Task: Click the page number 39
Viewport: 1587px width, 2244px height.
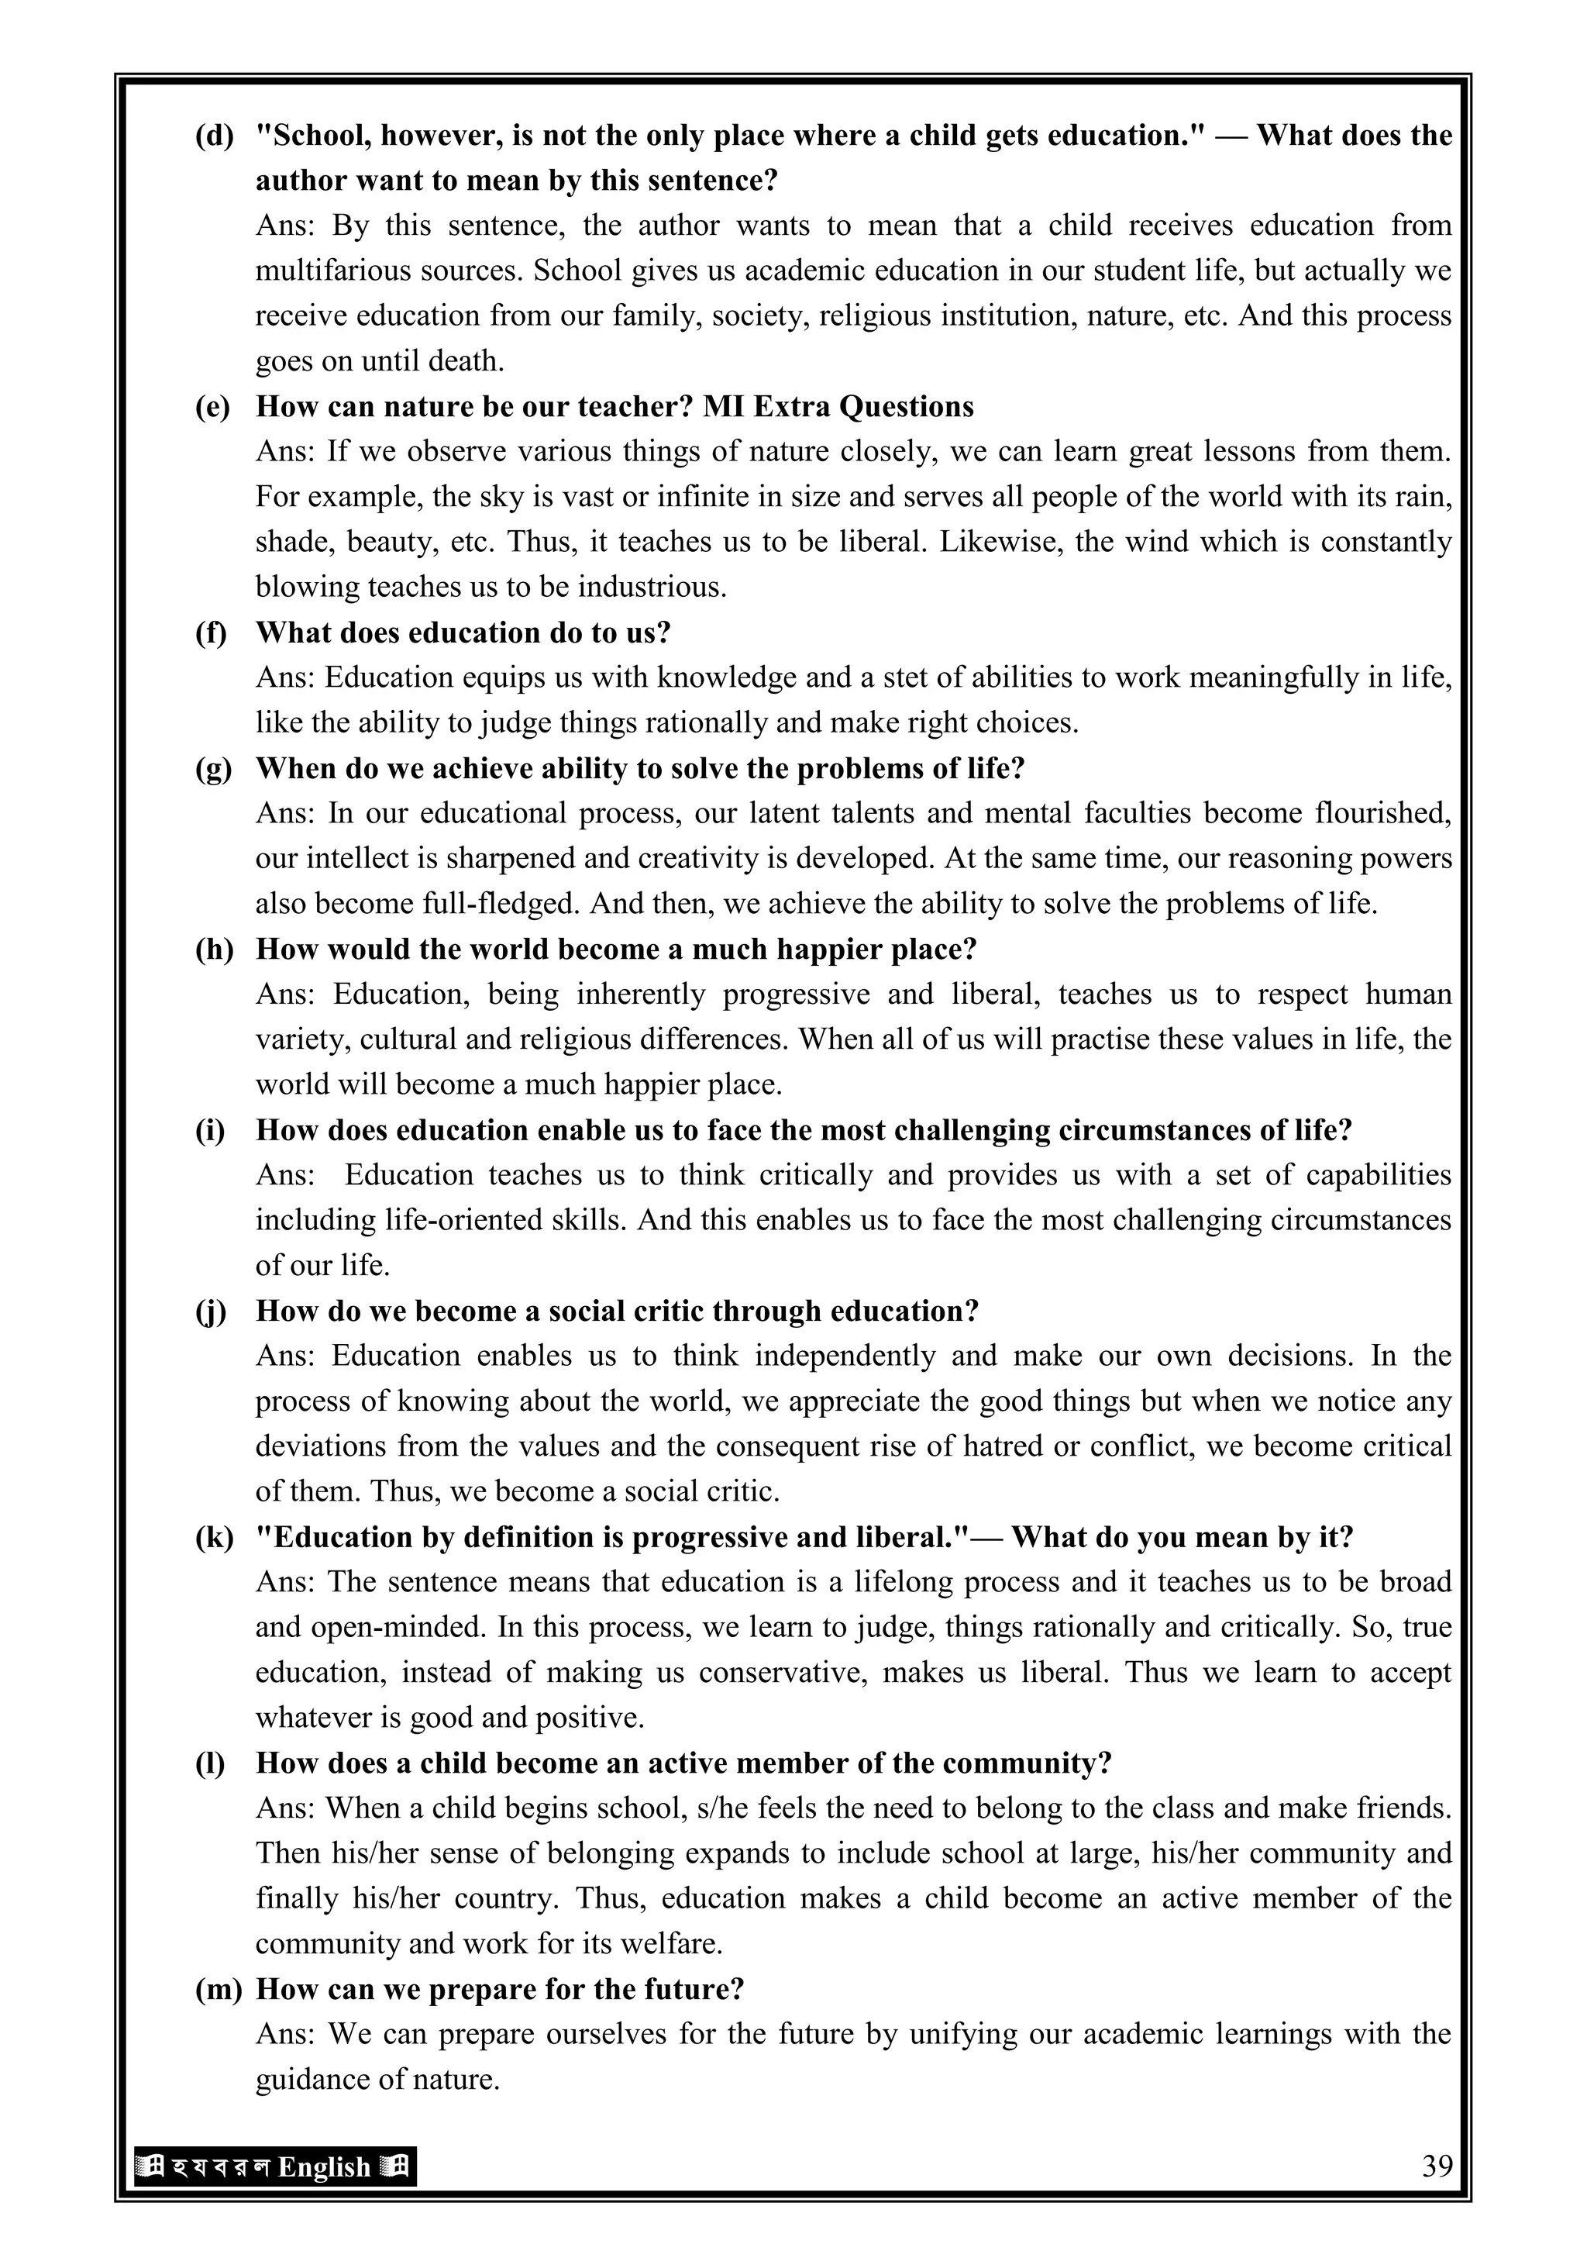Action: [x=1437, y=2166]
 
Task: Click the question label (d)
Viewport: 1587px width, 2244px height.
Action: [x=214, y=135]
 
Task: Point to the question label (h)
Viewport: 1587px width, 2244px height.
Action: [x=214, y=948]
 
